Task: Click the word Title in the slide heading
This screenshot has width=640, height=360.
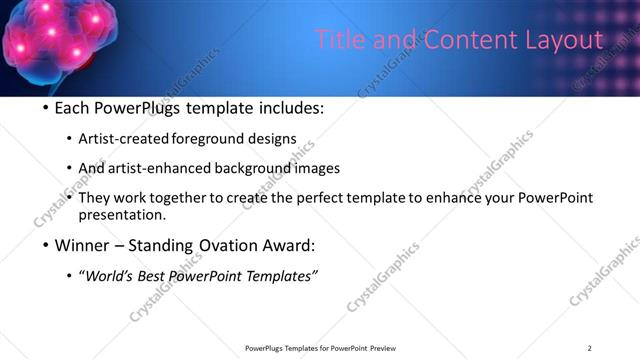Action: click(339, 40)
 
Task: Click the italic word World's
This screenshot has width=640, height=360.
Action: click(109, 277)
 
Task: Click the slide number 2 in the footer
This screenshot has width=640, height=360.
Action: click(589, 348)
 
